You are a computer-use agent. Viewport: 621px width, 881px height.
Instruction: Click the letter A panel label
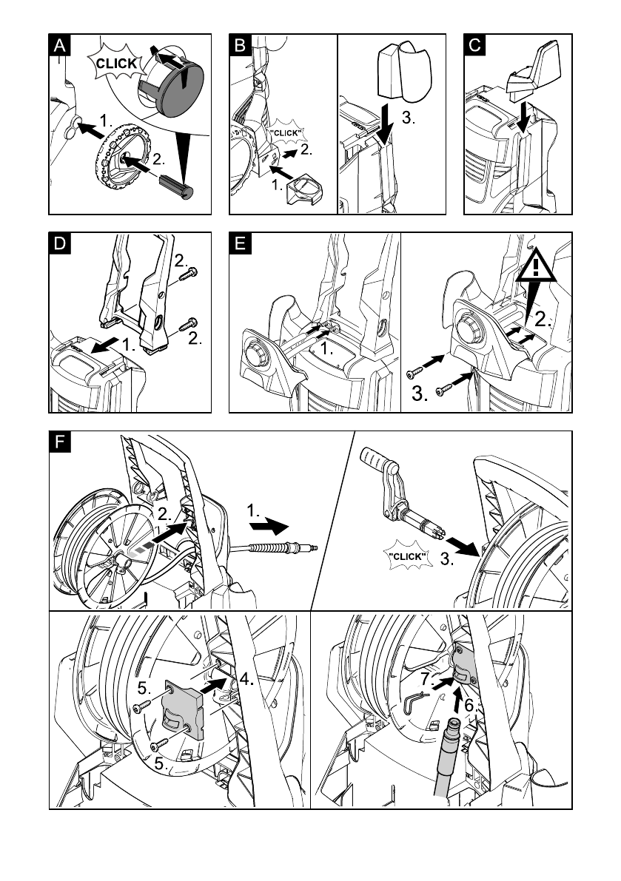[59, 45]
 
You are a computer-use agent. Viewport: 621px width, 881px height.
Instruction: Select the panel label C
[474, 45]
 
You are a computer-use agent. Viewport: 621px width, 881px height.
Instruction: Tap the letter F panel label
[59, 442]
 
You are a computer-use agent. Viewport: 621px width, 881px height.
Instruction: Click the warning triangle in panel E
[536, 266]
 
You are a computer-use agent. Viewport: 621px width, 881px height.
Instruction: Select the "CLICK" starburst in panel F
[408, 556]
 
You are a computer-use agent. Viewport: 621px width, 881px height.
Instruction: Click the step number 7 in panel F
[426, 679]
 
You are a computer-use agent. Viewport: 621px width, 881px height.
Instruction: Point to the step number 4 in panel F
[246, 679]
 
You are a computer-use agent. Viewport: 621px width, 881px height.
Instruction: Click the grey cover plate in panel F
[182, 709]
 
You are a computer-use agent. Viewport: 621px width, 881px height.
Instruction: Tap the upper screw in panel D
[188, 274]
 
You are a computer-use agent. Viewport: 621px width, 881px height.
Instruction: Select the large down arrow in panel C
[525, 118]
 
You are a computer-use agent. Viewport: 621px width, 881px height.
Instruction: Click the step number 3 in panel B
[408, 118]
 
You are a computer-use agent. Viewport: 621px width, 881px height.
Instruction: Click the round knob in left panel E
[255, 355]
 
